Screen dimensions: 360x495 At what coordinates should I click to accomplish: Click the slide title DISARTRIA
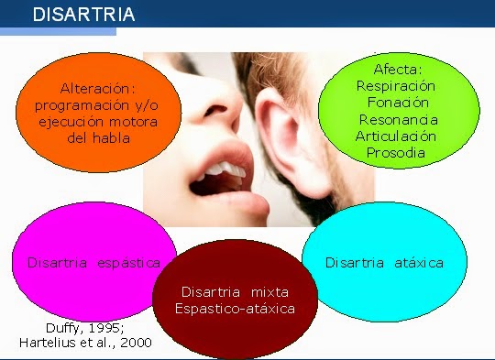pos(83,15)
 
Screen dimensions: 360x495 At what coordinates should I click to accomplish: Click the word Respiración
pos(396,86)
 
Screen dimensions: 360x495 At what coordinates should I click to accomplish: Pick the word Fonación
pos(396,103)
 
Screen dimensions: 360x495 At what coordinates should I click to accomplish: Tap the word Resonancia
pos(398,120)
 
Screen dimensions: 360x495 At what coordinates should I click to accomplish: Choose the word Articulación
pos(396,136)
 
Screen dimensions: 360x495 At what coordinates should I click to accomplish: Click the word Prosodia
pos(396,152)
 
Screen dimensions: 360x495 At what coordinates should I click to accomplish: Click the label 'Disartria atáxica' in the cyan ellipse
pos(384,263)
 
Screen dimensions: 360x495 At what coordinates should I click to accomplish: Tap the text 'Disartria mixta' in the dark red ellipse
pos(236,291)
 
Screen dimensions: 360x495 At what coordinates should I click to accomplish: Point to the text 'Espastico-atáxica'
pos(236,309)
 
